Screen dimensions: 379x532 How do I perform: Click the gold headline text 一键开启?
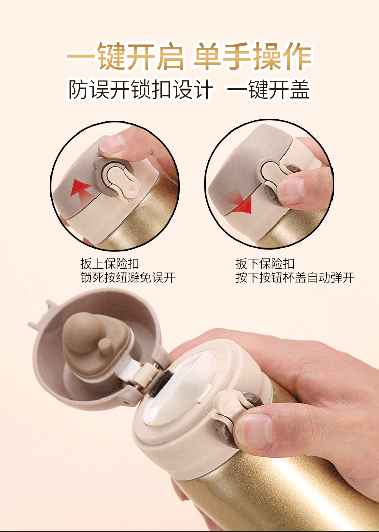125,56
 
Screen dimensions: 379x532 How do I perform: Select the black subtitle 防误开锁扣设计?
141,90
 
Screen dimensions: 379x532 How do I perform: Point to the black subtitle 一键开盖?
268,90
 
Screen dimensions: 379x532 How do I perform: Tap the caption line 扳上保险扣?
110,263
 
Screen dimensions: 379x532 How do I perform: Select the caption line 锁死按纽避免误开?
127,277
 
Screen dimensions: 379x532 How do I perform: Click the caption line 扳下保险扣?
265,263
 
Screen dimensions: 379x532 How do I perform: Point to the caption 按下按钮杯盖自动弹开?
295,277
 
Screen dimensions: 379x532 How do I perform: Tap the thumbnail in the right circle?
291,190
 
